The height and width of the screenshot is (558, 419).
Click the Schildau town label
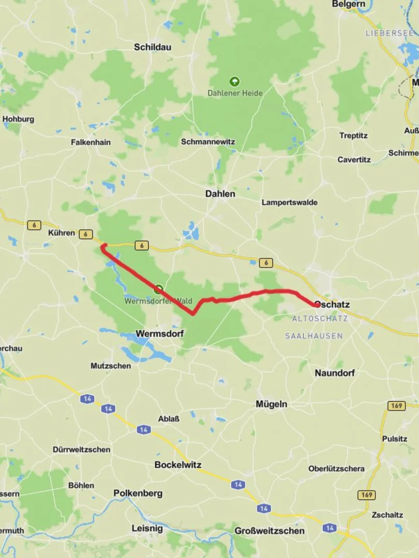coord(152,47)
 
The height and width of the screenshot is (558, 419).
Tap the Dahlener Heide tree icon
coord(234,81)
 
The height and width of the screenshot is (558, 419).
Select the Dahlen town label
coord(220,194)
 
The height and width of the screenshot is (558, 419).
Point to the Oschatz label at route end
coord(332,304)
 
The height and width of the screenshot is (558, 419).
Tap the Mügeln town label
coord(271,404)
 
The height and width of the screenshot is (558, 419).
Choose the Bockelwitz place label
coord(178,464)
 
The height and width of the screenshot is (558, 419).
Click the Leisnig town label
coord(147,528)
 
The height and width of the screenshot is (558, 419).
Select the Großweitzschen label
coord(270,531)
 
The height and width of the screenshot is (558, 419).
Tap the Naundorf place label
coord(335,373)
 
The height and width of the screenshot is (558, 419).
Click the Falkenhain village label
coord(91,142)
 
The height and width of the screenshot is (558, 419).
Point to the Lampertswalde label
coord(290,203)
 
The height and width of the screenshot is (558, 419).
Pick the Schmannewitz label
coord(208,142)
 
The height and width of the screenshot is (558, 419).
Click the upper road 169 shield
coord(396,406)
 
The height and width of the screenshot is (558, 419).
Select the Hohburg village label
coord(18,119)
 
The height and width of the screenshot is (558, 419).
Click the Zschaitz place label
coord(387,515)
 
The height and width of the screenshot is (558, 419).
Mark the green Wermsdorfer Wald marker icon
coord(158,289)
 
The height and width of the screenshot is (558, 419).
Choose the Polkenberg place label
coord(138,493)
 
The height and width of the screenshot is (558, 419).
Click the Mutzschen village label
coord(111,366)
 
